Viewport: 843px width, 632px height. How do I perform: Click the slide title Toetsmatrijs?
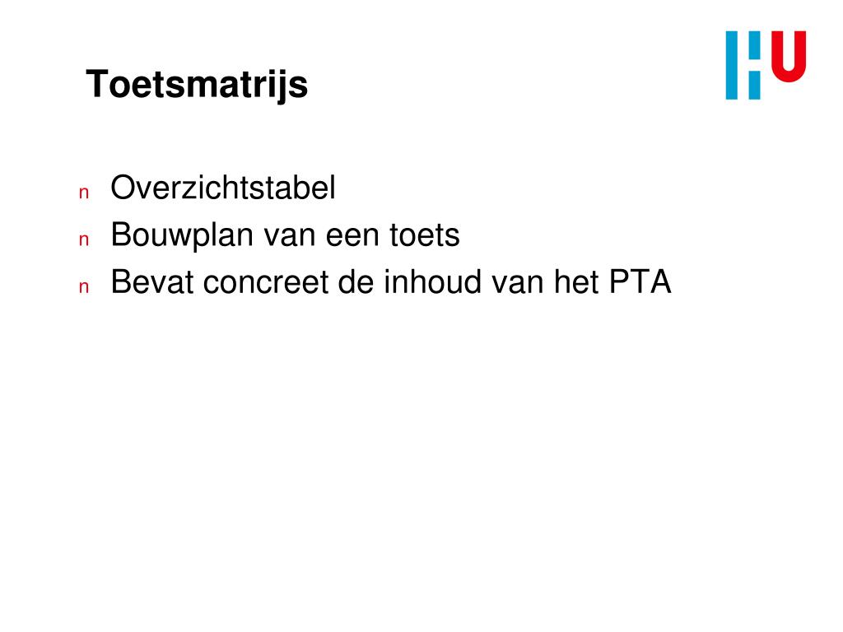click(x=197, y=85)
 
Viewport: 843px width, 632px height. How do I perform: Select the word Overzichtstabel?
click(x=223, y=188)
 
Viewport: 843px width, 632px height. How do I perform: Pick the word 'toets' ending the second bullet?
click(x=424, y=236)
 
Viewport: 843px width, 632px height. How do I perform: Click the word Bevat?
click(x=152, y=283)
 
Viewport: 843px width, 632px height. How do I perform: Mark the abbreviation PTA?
click(x=640, y=283)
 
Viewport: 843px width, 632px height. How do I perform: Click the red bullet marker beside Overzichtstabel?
click(x=83, y=193)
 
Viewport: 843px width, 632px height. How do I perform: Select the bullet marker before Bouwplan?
click(x=83, y=240)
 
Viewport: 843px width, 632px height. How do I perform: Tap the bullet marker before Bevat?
click(x=83, y=287)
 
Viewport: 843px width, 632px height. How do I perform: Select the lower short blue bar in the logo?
click(x=754, y=84)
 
